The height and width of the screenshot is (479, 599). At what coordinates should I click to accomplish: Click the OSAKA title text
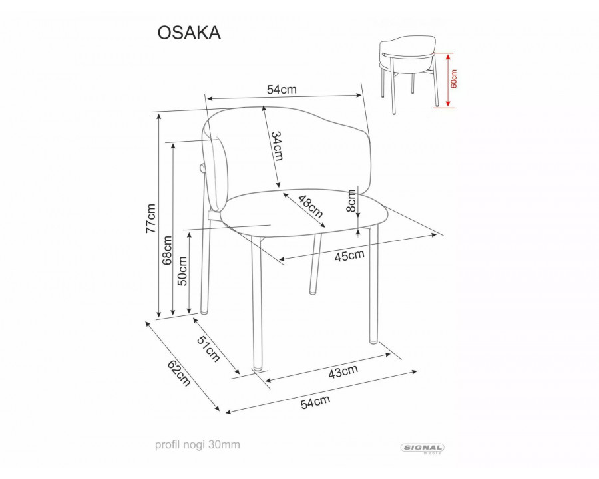point(189,33)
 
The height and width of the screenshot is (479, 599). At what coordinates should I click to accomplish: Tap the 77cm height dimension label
point(151,218)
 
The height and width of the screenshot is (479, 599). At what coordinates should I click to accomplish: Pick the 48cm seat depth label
point(310,206)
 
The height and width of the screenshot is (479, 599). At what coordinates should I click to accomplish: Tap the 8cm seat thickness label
point(351,200)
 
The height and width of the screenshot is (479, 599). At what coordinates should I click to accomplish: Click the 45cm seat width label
point(349,255)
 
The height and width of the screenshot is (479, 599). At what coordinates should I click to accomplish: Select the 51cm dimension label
point(208,349)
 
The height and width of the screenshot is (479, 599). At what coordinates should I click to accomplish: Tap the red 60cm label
point(454,79)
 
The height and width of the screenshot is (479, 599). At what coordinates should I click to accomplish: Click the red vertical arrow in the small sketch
point(448,79)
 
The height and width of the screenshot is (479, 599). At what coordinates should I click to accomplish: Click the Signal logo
point(423,449)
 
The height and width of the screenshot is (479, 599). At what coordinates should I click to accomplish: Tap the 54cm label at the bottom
point(315,401)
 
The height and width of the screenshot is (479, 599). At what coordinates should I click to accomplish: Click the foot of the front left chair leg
point(256,367)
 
